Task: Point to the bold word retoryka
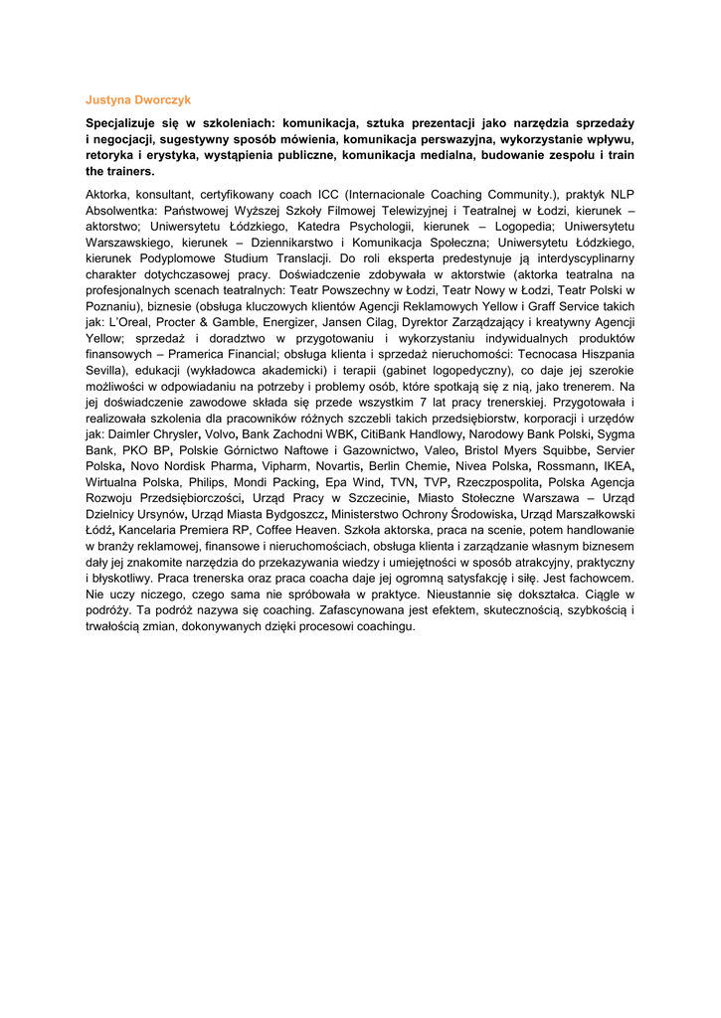pos(110,156)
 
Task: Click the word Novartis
pos(332,465)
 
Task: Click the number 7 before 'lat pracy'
pos(423,402)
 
